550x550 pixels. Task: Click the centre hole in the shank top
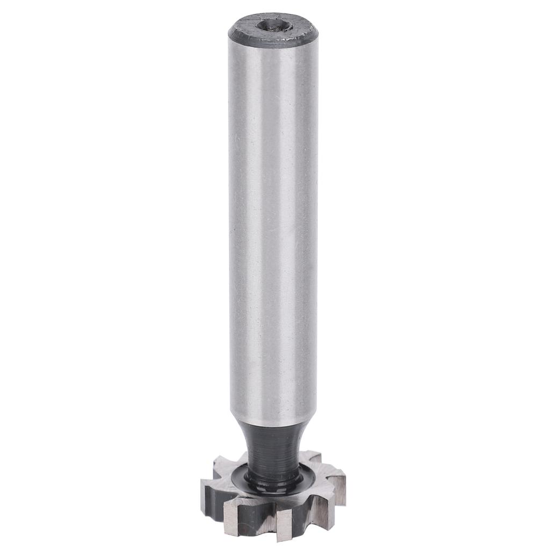(x=274, y=25)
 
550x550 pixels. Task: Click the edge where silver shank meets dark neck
(x=274, y=424)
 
